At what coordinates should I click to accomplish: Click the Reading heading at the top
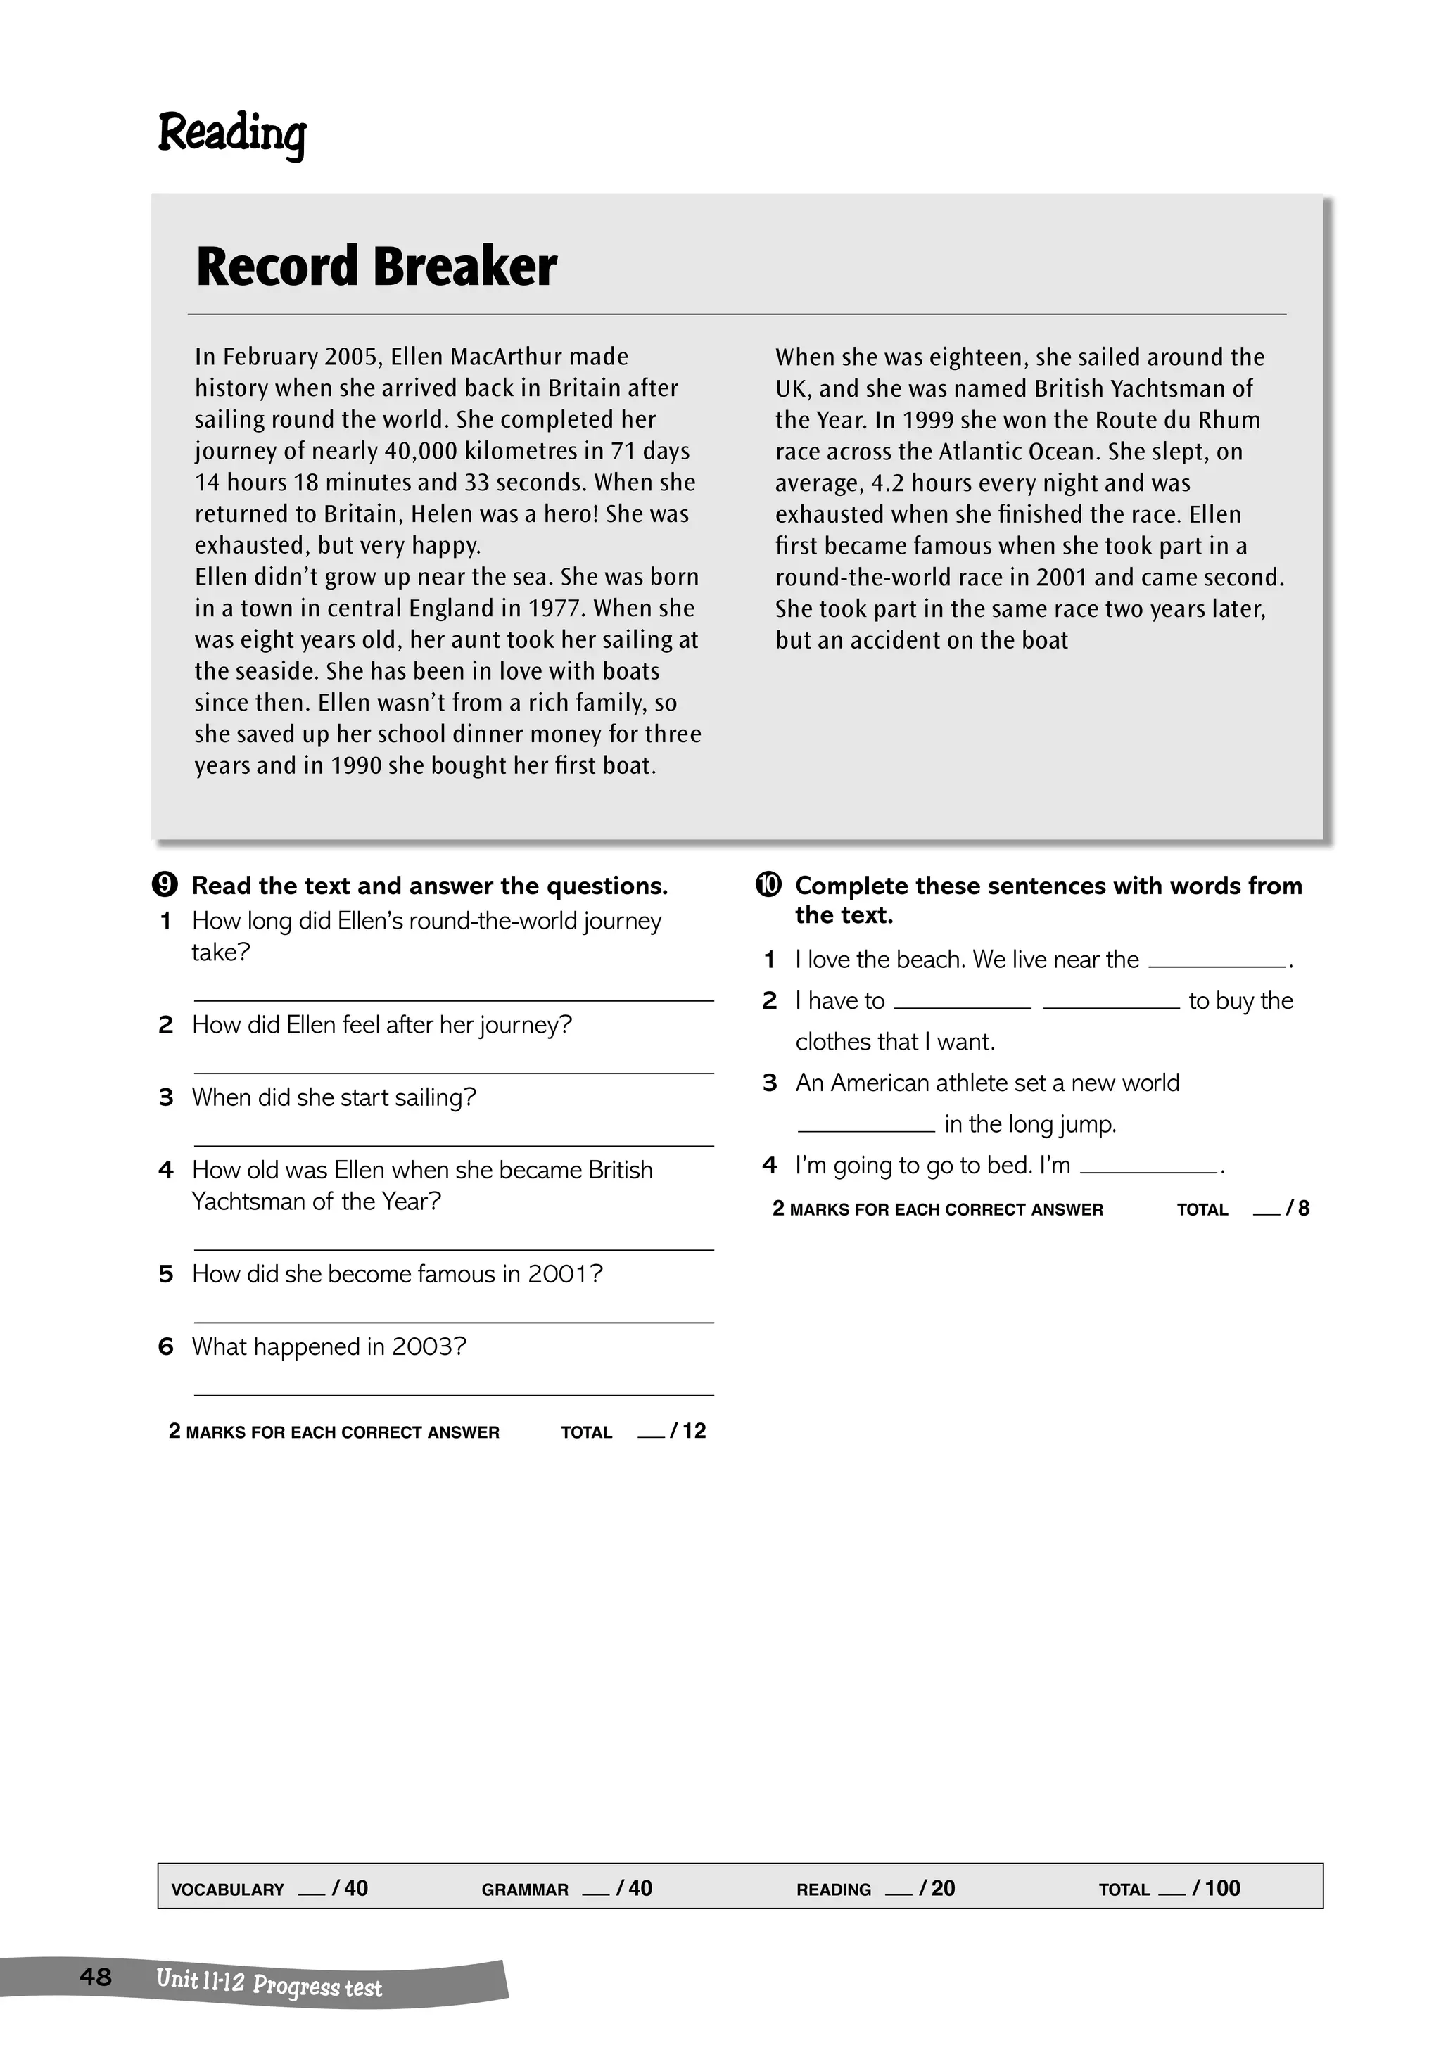tap(231, 134)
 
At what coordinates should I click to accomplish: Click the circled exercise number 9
tap(165, 886)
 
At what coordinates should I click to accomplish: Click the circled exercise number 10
tap(768, 886)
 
